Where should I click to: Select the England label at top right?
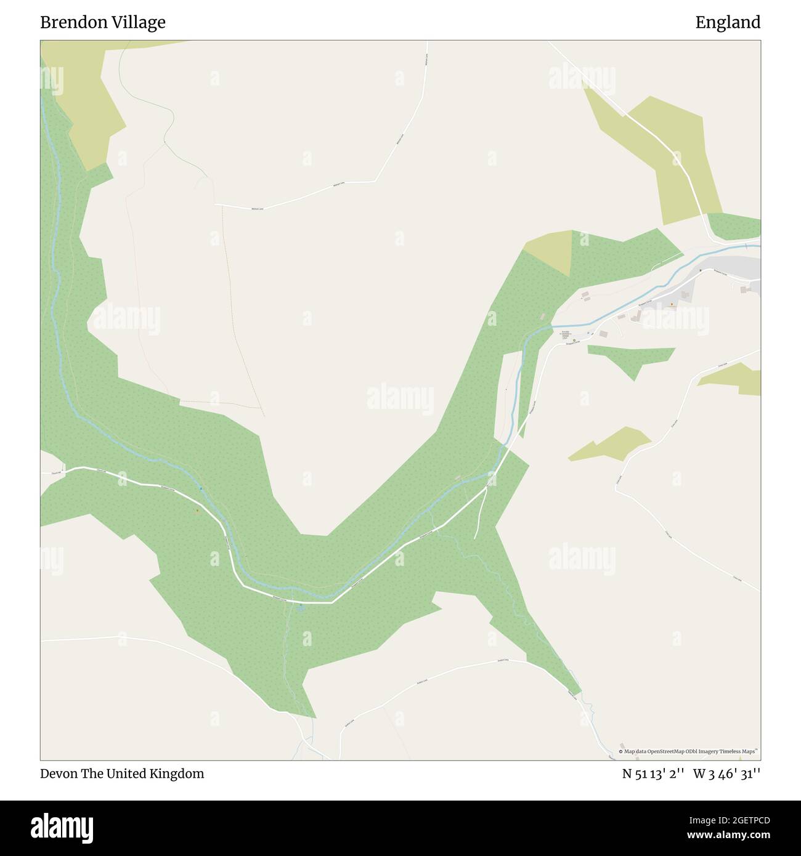(x=728, y=23)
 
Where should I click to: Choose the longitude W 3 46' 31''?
(x=726, y=774)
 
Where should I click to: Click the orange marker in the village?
(x=672, y=304)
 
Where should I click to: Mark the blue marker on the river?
(x=201, y=489)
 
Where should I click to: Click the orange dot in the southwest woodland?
(x=197, y=510)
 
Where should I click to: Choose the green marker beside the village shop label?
(x=574, y=341)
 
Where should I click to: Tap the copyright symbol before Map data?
(x=620, y=751)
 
